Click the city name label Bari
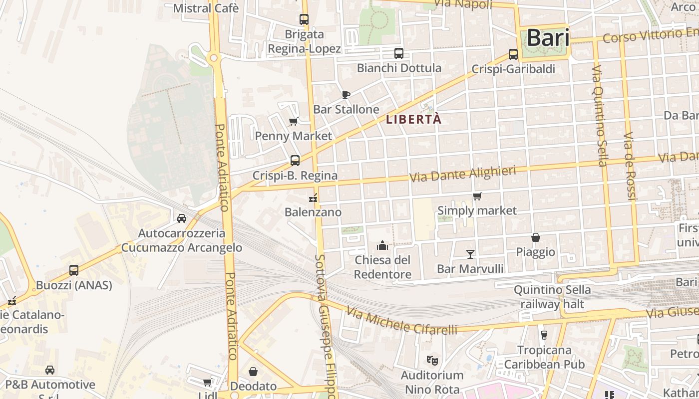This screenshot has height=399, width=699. (548, 38)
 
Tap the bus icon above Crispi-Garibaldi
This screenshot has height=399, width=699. (513, 54)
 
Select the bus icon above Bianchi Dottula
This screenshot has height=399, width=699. (399, 53)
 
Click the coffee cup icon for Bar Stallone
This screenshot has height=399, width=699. (346, 95)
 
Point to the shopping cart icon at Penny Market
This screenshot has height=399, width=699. (294, 121)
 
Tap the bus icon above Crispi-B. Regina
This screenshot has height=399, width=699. (295, 161)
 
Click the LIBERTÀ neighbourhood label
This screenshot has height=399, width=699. (414, 120)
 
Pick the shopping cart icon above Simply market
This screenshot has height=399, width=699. (477, 196)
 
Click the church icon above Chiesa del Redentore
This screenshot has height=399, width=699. (382, 245)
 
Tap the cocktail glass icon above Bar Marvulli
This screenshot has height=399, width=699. (470, 254)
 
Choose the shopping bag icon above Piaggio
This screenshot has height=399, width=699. (536, 237)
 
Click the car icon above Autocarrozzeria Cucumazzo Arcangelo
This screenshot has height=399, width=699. (182, 218)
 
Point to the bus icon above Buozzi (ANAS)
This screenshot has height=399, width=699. (74, 270)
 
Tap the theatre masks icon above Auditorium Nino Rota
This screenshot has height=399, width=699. (432, 360)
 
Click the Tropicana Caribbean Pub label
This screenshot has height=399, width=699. (544, 357)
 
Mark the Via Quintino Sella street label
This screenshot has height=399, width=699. (600, 115)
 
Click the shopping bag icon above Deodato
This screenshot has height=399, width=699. (253, 372)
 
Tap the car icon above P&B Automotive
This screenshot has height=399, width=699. (50, 370)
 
